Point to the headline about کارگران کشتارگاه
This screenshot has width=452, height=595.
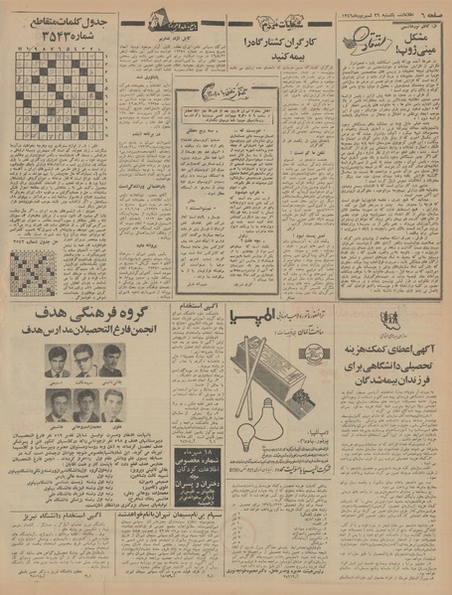tap(263, 48)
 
